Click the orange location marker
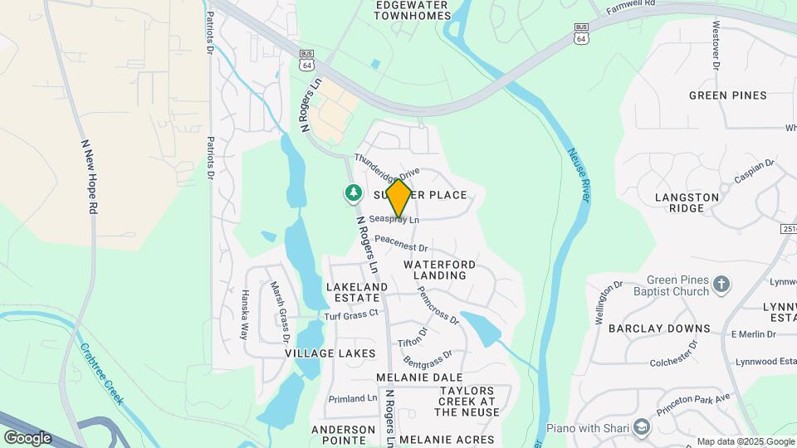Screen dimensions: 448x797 click(x=399, y=198)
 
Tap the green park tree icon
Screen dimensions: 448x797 click(x=354, y=193)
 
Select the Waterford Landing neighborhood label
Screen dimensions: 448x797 click(x=440, y=270)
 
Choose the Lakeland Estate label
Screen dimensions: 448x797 click(x=357, y=292)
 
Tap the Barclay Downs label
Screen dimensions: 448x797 click(x=659, y=329)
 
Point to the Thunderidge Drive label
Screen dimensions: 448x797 click(x=387, y=167)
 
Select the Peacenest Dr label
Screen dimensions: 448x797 click(x=400, y=243)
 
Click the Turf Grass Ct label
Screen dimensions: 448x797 click(x=350, y=314)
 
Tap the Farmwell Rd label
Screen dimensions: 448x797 click(x=631, y=8)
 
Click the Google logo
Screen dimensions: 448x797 click(x=27, y=437)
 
